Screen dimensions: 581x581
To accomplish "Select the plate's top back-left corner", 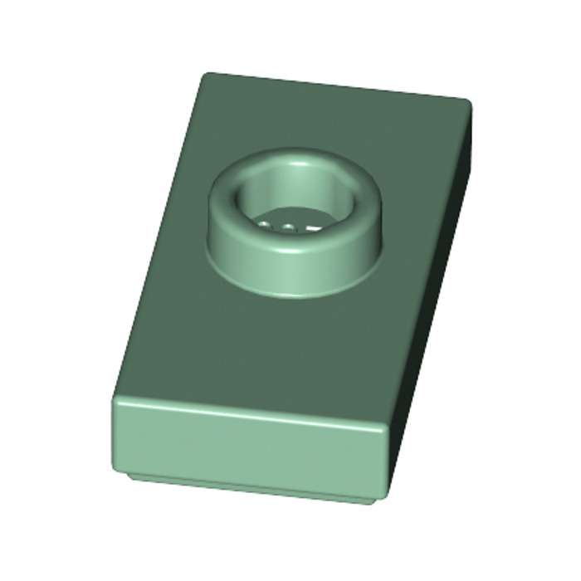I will [x=204, y=75].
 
